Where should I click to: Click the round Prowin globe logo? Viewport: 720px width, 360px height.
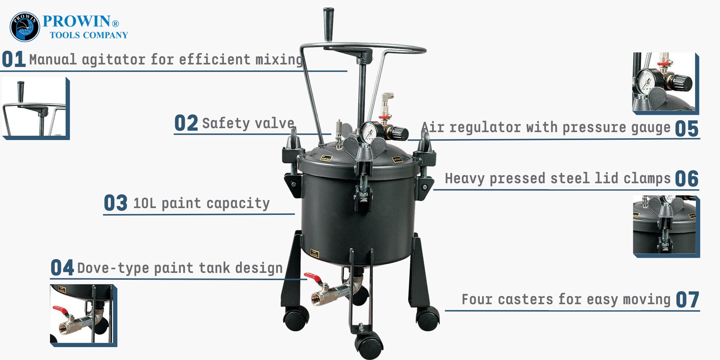coord(24,27)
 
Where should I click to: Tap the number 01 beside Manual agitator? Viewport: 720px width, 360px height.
coord(14,59)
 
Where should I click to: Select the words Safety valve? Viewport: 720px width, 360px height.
coord(248,123)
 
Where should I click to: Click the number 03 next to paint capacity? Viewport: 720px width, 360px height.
coord(116,203)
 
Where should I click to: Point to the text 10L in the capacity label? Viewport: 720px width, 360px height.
coord(145,203)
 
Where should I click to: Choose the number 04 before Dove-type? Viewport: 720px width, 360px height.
coord(62,267)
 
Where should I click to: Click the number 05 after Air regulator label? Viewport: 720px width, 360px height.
coord(687,129)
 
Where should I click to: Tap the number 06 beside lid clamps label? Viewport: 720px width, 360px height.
coord(687,179)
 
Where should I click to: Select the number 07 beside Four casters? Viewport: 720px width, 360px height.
coord(688,300)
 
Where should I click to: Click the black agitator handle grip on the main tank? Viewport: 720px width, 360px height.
coord(328,24)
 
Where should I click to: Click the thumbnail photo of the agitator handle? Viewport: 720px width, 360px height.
coord(35,108)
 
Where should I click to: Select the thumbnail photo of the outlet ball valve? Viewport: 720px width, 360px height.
coord(84,315)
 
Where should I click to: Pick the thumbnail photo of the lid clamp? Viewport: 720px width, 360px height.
coord(666,226)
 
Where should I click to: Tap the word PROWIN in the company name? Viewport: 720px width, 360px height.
coord(76,21)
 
